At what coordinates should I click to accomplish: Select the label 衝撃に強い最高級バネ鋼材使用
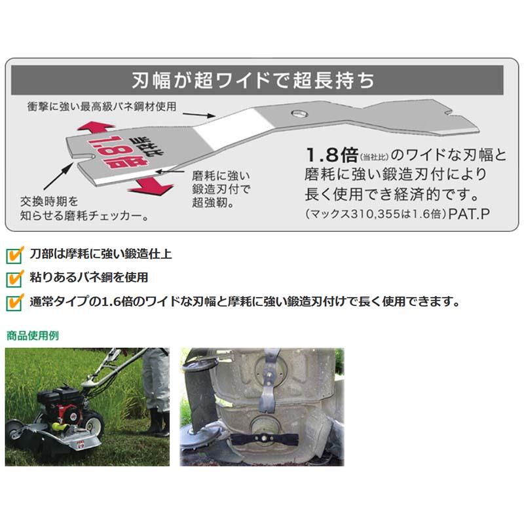click(102, 105)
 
